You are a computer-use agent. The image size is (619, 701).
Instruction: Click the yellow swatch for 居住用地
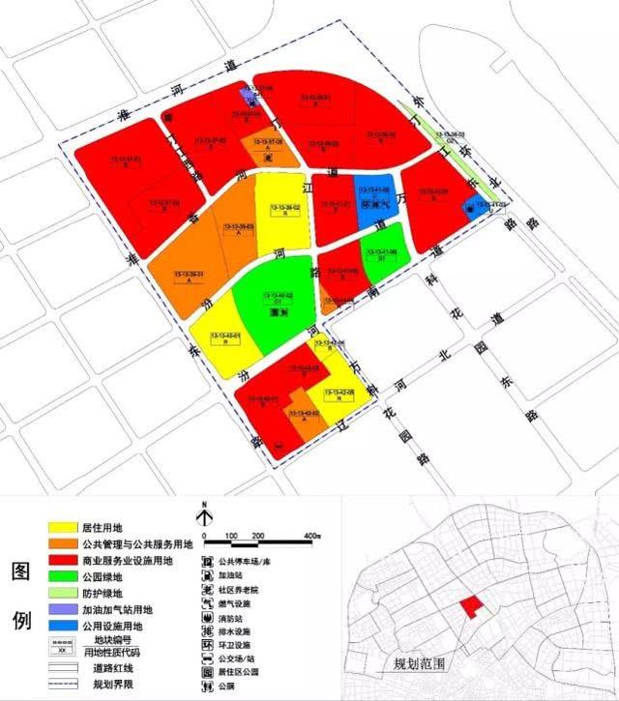point(64,528)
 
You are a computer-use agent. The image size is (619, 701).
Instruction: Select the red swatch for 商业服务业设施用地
point(64,560)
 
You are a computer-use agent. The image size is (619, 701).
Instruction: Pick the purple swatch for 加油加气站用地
point(64,610)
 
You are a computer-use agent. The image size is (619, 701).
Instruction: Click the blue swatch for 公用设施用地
point(64,627)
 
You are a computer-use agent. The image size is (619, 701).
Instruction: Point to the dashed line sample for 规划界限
point(64,685)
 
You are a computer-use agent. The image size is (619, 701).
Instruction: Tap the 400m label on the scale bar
point(311,535)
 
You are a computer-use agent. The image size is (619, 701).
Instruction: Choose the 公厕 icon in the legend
point(206,686)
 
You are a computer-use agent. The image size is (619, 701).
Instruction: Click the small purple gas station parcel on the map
point(251,96)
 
